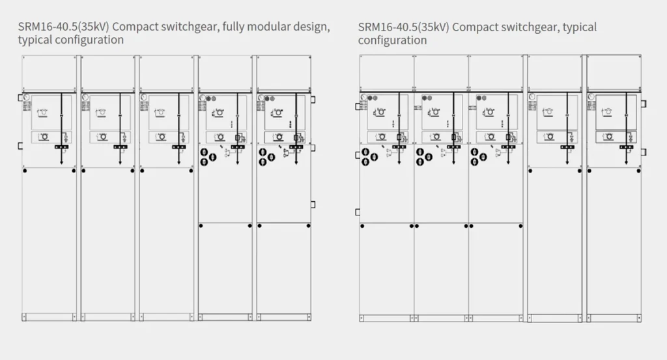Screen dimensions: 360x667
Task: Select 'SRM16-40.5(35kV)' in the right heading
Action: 403,27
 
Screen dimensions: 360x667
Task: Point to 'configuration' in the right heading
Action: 392,40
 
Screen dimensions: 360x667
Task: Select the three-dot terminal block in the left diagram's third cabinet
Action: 179,148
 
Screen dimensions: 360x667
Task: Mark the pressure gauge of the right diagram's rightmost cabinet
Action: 591,97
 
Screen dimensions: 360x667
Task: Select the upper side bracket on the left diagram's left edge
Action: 20,98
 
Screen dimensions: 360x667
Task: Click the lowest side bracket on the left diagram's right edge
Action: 313,204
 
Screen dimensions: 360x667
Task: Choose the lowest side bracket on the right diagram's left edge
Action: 357,212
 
